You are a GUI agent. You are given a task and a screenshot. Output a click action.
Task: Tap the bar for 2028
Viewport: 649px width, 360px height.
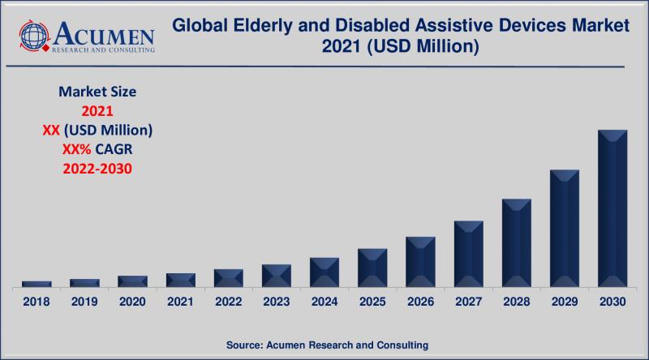point(517,243)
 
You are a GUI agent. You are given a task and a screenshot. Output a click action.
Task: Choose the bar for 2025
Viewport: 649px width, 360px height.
point(372,268)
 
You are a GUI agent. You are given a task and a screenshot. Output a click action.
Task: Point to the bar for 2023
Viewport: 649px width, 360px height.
point(277,276)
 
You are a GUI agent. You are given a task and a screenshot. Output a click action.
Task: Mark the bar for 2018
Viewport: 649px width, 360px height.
point(37,284)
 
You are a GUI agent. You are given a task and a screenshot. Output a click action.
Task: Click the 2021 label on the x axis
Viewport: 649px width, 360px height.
point(181,302)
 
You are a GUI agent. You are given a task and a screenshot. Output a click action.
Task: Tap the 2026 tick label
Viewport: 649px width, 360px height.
point(420,302)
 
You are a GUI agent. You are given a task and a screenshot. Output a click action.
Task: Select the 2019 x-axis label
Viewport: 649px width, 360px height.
point(84,302)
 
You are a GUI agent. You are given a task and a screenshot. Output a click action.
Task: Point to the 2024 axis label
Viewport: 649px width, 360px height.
point(324,302)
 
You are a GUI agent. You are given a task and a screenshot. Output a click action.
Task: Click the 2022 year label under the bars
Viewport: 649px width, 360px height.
point(229,302)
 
